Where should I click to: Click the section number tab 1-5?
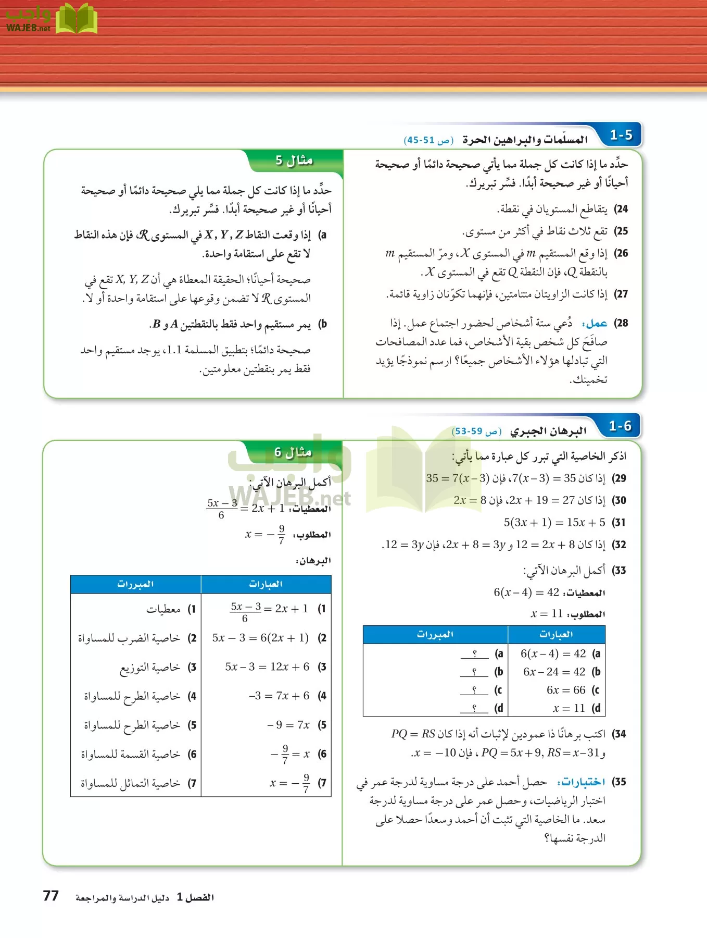coord(621,135)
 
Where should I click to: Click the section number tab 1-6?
coord(620,426)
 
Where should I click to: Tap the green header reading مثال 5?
coord(294,161)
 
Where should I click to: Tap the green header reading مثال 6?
coord(293,452)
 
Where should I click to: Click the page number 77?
coord(51,896)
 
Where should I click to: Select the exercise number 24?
coord(621,209)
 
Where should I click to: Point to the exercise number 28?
coord(621,323)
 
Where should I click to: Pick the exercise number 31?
coord(619,522)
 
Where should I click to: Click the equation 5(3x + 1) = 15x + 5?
coord(554,522)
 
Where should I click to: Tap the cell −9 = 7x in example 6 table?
coord(288,725)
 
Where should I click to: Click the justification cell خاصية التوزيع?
coord(150,668)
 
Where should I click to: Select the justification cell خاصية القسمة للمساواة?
coord(130,754)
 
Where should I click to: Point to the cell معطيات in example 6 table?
coord(163,609)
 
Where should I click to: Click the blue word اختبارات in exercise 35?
coord(581,782)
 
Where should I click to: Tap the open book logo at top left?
coord(77,19)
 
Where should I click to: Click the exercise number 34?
coord(619,734)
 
